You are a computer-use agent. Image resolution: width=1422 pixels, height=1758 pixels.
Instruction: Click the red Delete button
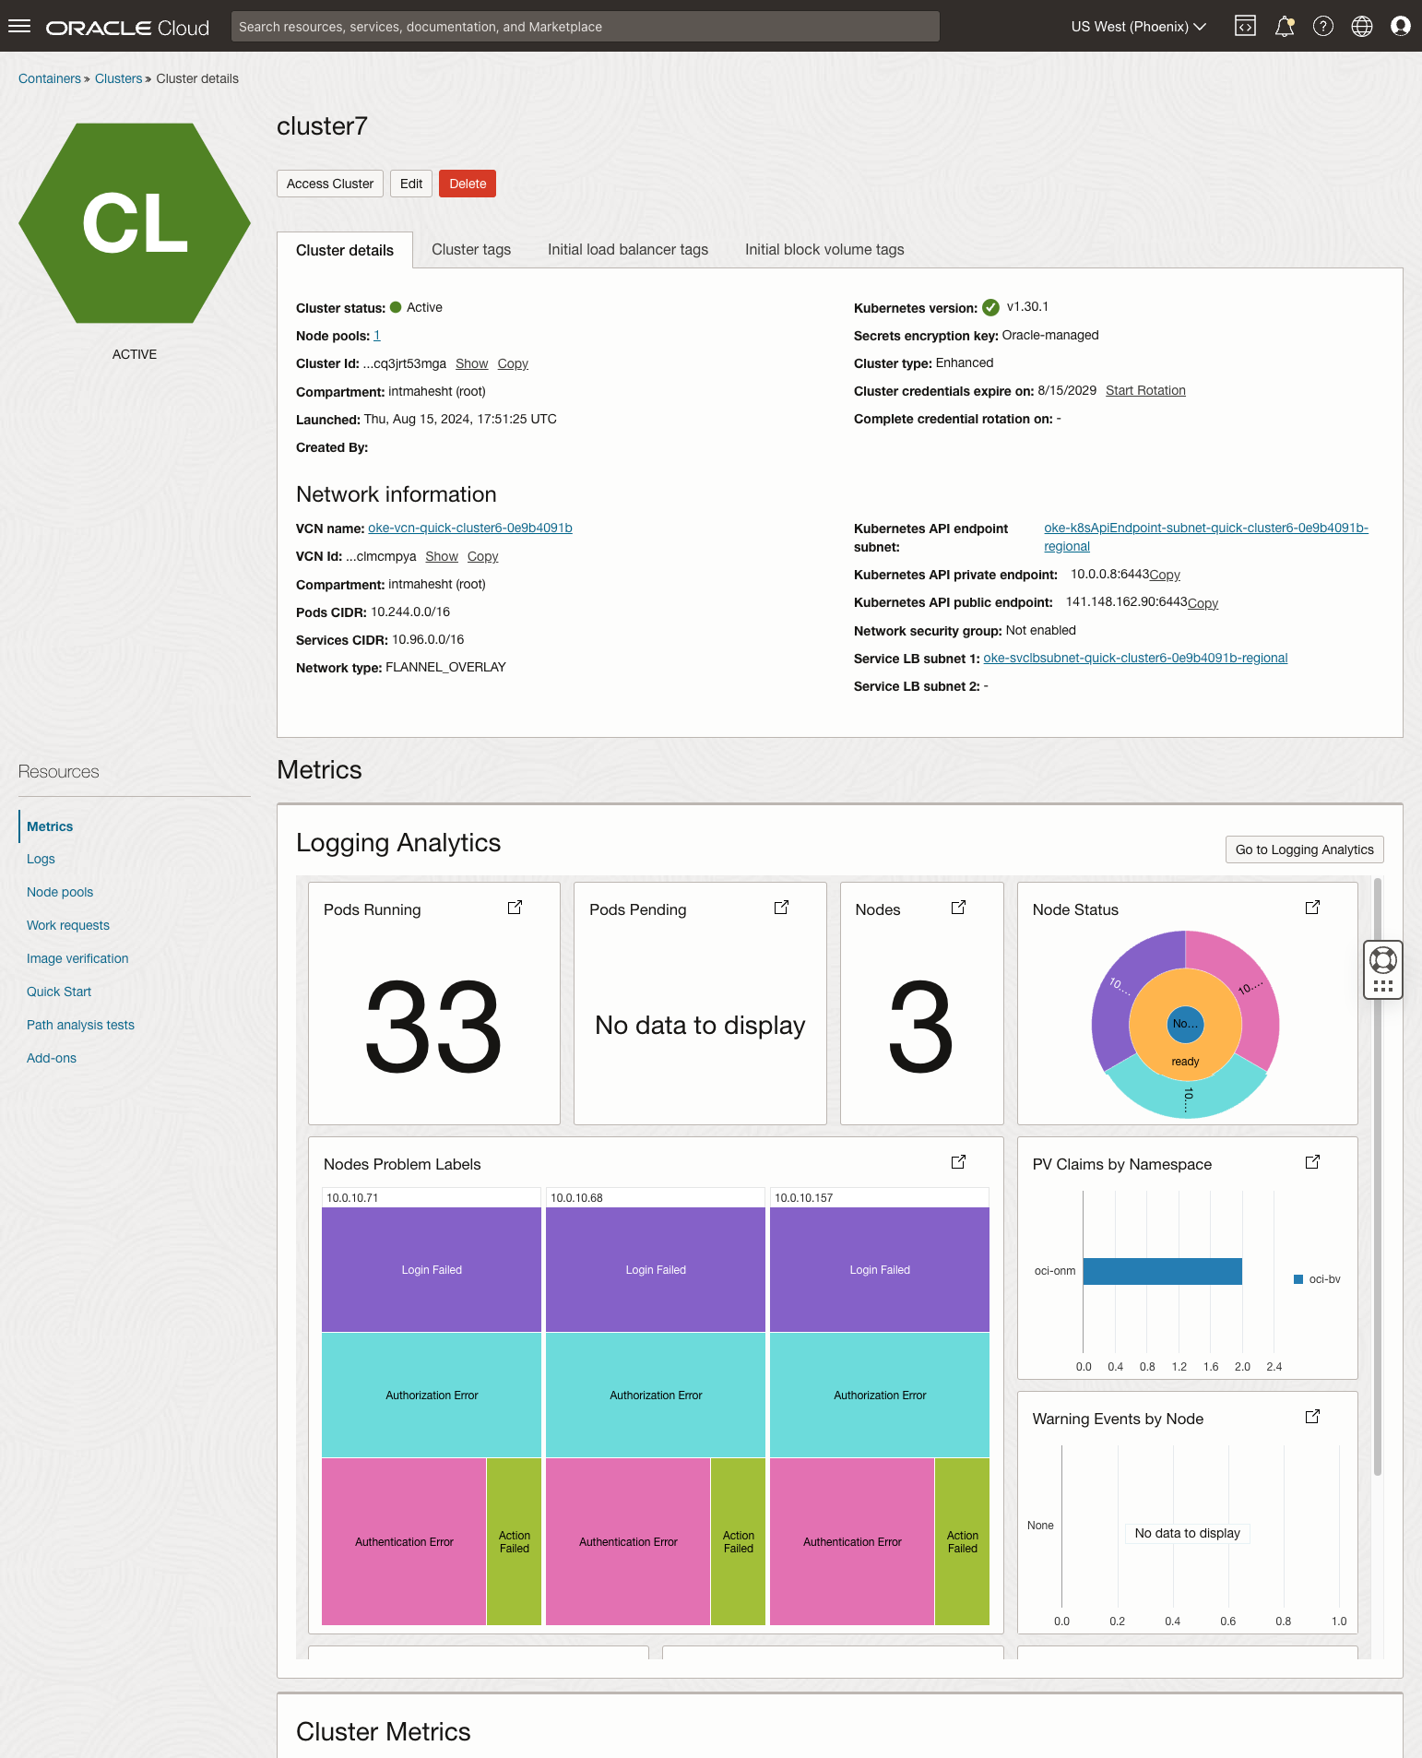[468, 184]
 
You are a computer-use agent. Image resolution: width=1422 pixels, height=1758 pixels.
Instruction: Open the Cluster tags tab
[471, 250]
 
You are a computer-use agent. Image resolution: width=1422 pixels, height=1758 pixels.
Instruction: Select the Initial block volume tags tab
[824, 250]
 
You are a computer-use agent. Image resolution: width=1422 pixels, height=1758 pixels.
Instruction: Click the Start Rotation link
[1145, 391]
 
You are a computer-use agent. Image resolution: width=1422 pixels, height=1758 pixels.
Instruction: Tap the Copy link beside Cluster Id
[513, 364]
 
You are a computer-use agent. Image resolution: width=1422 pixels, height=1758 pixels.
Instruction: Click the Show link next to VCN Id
[442, 557]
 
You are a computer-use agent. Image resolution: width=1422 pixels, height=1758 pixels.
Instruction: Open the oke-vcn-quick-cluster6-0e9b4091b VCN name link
[470, 529]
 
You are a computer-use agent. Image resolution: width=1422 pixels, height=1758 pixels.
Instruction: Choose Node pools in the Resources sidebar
[60, 893]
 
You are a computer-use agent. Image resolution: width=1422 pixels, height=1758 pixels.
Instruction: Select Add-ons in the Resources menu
[52, 1059]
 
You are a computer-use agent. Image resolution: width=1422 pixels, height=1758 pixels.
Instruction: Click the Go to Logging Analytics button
[1304, 849]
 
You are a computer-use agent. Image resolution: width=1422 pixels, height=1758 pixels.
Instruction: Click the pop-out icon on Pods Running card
[515, 908]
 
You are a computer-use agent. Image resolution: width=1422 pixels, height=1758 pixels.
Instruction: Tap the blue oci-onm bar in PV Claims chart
[1162, 1271]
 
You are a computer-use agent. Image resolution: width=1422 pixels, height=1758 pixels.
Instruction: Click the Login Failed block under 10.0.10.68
[656, 1270]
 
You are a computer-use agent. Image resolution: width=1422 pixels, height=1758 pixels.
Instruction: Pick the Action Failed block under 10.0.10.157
[962, 1542]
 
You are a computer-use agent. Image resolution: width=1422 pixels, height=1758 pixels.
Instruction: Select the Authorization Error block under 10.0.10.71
[432, 1396]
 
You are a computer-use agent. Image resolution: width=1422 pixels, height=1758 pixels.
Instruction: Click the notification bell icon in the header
[1284, 27]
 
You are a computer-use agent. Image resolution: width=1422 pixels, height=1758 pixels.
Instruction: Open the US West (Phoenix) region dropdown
[1138, 27]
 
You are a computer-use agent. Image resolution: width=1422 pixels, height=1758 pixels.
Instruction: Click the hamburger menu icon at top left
[19, 27]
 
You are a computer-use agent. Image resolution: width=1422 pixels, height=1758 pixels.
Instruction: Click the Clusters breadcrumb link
[118, 79]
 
